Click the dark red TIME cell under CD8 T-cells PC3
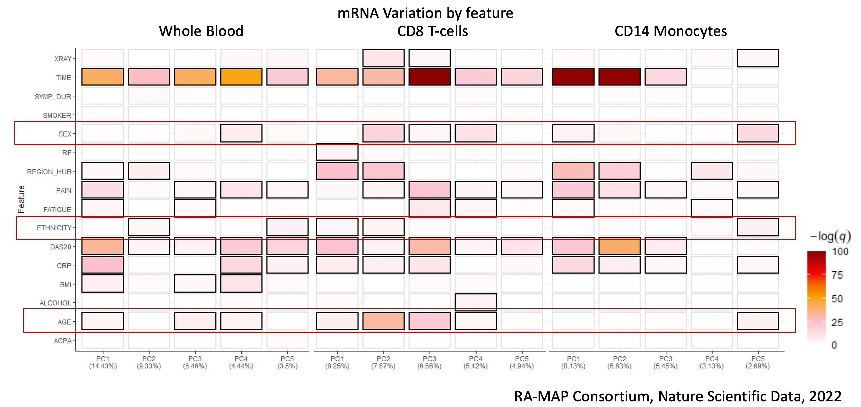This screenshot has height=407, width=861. pyautogui.click(x=429, y=77)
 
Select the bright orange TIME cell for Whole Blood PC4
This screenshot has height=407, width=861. pyautogui.click(x=241, y=77)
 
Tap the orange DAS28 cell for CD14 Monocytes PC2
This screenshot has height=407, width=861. pyautogui.click(x=620, y=246)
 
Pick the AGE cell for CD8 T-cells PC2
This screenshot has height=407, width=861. pyautogui.click(x=383, y=321)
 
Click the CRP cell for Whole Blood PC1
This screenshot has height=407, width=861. pyautogui.click(x=103, y=265)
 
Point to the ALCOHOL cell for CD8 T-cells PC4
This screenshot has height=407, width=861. pyautogui.click(x=475, y=302)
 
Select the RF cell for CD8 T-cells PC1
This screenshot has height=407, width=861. pyautogui.click(x=337, y=152)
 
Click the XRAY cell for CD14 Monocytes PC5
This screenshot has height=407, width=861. pyautogui.click(x=758, y=58)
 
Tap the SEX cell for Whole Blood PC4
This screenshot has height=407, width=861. pyautogui.click(x=241, y=133)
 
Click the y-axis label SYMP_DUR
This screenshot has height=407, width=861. pyautogui.click(x=53, y=97)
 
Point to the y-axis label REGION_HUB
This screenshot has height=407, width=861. pyautogui.click(x=49, y=172)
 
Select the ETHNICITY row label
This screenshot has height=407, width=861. pyautogui.click(x=54, y=228)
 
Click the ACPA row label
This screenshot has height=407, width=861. pyautogui.click(x=63, y=341)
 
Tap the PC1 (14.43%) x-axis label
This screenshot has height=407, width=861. pyautogui.click(x=103, y=362)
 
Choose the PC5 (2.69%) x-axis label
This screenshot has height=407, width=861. pyautogui.click(x=758, y=362)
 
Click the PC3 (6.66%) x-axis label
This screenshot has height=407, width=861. pyautogui.click(x=429, y=362)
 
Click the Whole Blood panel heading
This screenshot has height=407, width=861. pyautogui.click(x=201, y=31)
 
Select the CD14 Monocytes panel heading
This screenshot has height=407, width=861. pyautogui.click(x=671, y=31)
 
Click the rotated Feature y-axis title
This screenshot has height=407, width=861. pyautogui.click(x=21, y=199)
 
